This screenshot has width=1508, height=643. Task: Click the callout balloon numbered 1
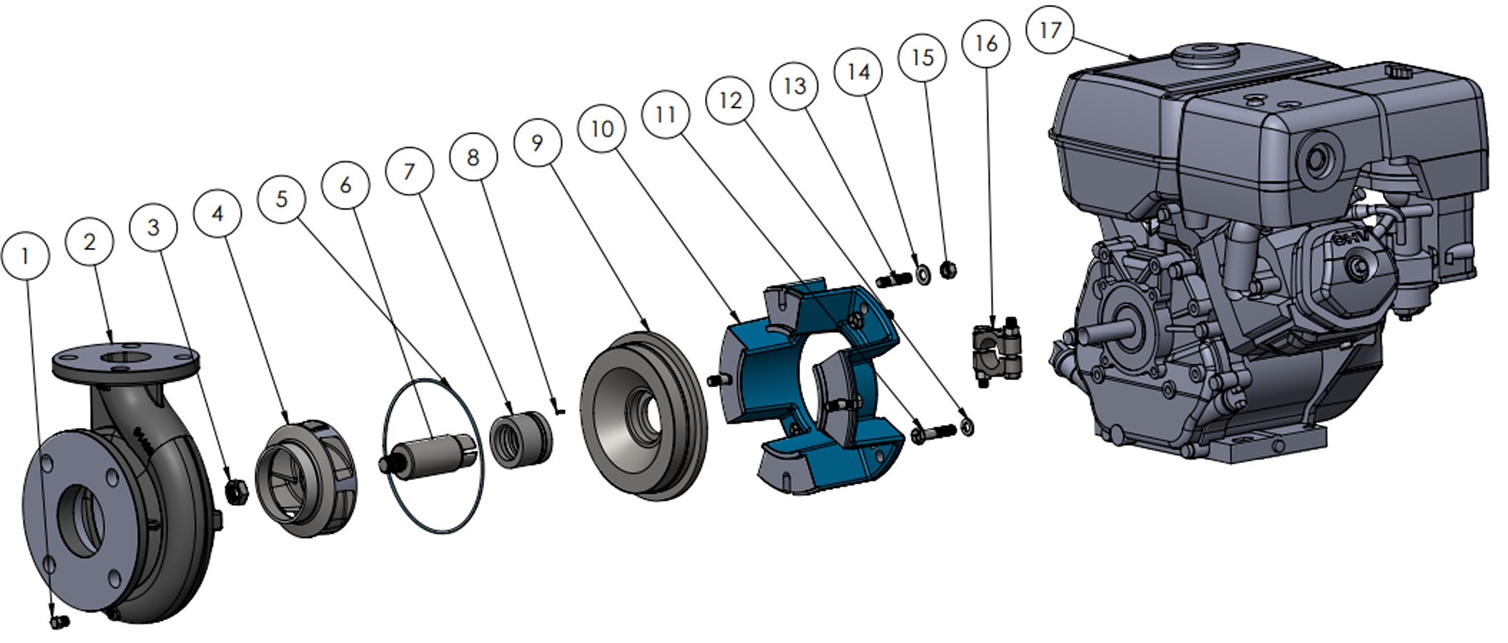[26, 255]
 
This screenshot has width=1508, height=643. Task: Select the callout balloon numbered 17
[1050, 30]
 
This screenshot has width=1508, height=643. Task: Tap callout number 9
[538, 143]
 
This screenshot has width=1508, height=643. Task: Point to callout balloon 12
[730, 100]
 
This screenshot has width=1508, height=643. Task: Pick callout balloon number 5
[282, 199]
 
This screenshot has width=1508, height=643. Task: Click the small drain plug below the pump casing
[59, 622]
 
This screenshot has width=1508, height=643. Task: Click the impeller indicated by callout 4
[306, 477]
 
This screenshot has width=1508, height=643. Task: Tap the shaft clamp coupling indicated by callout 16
[997, 352]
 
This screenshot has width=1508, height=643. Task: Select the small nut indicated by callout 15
[949, 269]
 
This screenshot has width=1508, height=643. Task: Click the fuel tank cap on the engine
[1205, 54]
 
